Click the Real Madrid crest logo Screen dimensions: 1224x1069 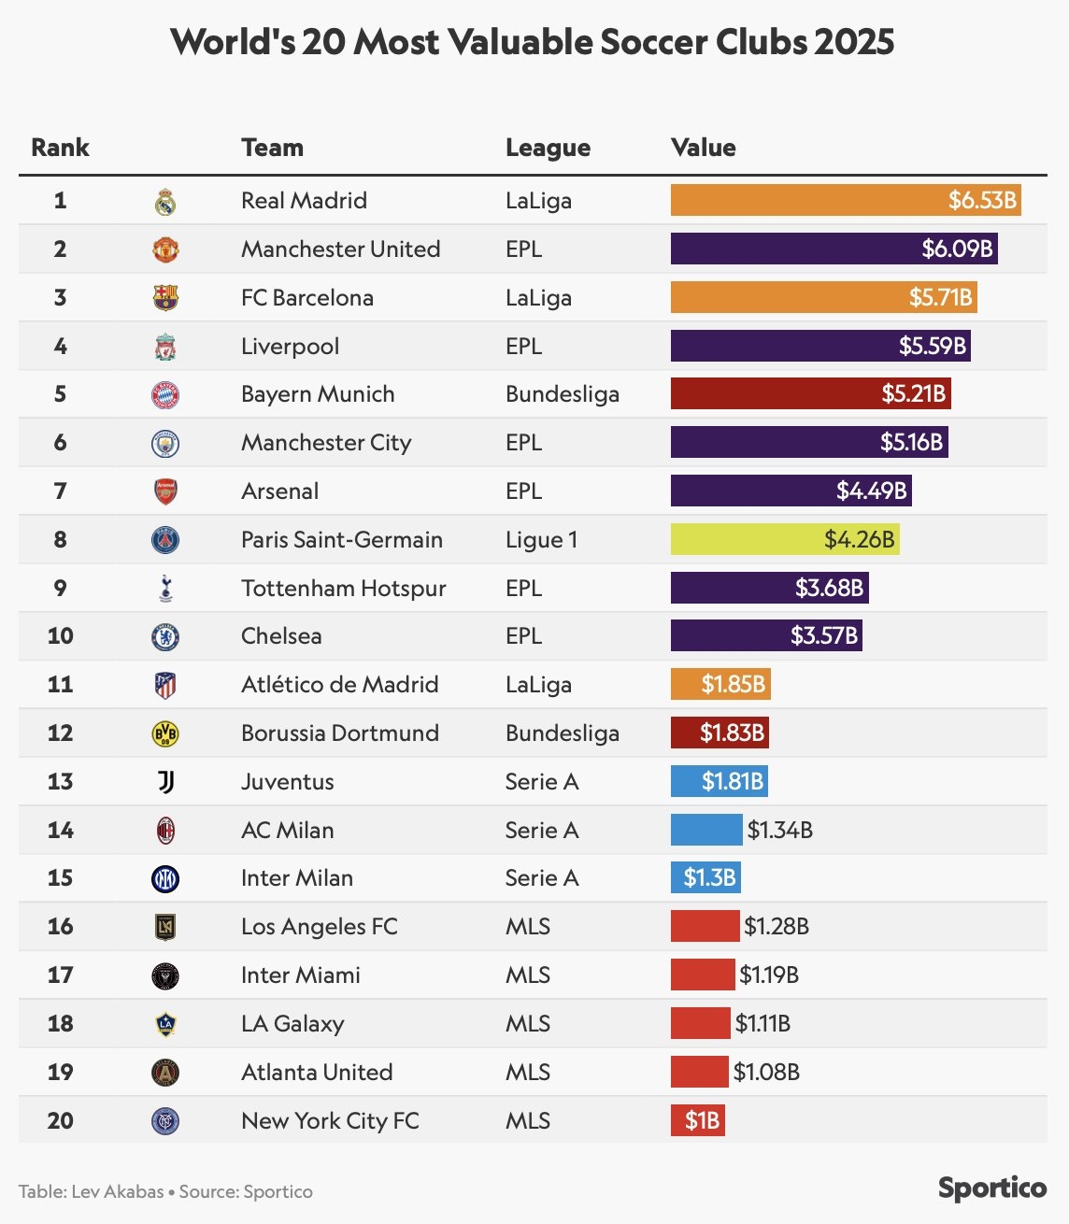pos(165,201)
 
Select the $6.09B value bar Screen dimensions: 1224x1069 pos(834,249)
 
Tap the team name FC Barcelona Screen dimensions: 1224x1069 pos(306,298)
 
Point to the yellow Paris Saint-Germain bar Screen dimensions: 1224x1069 pos(785,540)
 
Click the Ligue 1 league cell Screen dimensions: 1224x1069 pos(541,540)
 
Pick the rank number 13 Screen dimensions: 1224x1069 pos(60,781)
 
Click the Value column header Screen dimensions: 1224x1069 pos(703,148)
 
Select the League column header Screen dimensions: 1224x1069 pos(548,148)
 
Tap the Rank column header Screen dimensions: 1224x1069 pos(60,148)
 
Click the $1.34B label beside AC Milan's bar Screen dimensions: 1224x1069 pos(779,830)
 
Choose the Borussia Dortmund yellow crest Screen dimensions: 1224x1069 pos(165,734)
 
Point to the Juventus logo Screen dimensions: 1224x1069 pos(165,782)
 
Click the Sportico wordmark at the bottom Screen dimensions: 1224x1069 pos(992,1188)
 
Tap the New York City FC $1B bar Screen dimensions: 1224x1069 pos(697,1120)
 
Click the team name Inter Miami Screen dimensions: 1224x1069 pos(300,975)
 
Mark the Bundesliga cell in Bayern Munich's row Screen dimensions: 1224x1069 pos(562,394)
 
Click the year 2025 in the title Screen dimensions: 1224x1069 pos(853,42)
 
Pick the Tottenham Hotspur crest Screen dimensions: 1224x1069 pos(165,589)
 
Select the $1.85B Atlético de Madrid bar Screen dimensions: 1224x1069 pos(720,685)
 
